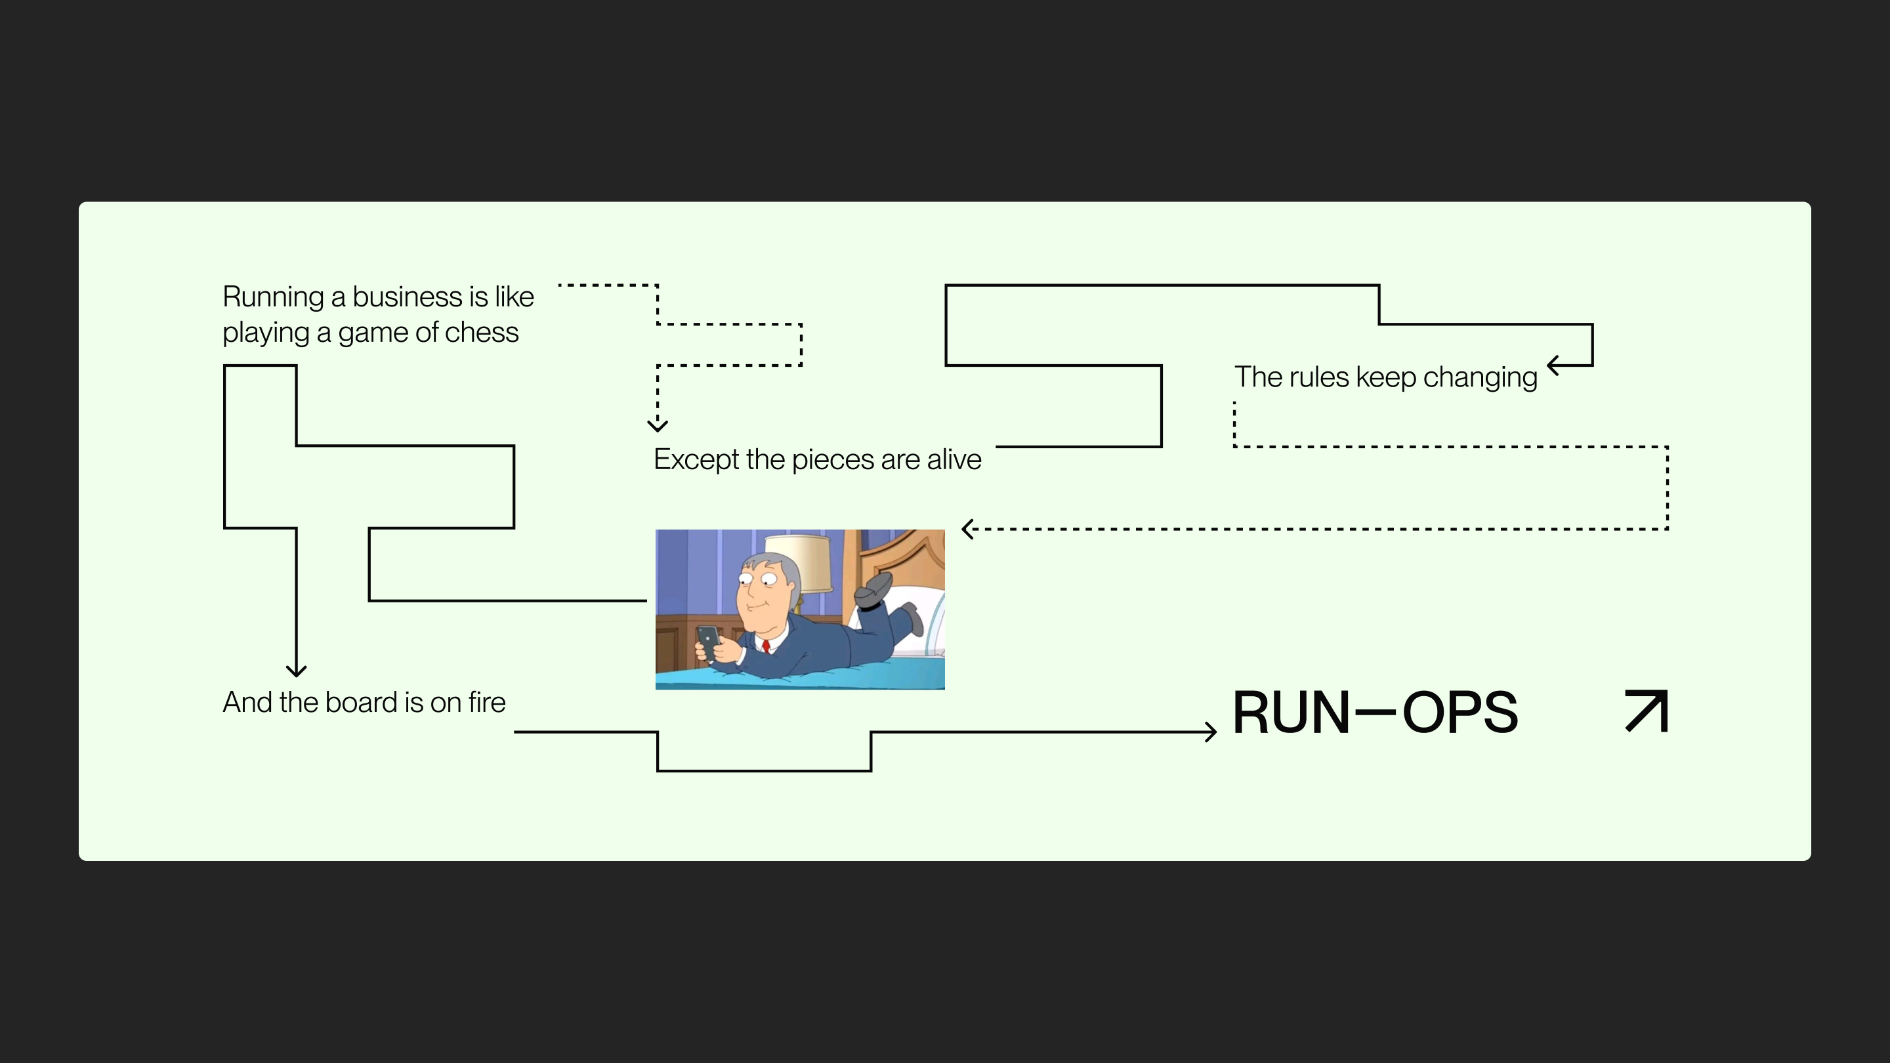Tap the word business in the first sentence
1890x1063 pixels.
(x=407, y=297)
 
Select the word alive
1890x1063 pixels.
(x=954, y=460)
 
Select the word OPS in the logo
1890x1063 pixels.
(x=1460, y=713)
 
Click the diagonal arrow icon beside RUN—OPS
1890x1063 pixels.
(x=1647, y=711)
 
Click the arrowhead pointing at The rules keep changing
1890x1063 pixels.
(x=1553, y=365)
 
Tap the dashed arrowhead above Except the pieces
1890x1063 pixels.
(x=658, y=425)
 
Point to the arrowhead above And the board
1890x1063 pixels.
(x=296, y=671)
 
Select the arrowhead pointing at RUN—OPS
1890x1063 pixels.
(x=1211, y=732)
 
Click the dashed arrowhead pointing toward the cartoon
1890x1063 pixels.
(x=968, y=529)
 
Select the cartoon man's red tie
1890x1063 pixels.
(x=766, y=646)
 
